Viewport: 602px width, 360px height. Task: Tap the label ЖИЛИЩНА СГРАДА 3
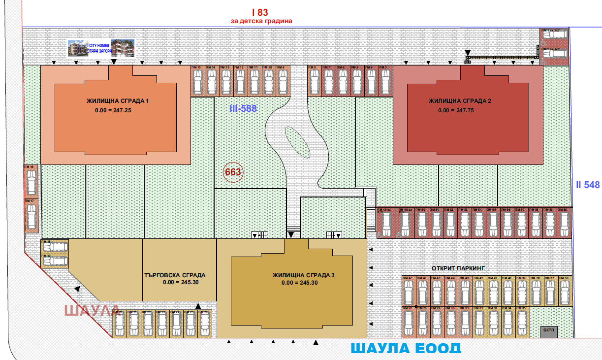(303, 275)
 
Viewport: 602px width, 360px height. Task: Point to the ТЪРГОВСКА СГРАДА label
(175, 275)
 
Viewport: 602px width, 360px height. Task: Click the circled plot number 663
(233, 172)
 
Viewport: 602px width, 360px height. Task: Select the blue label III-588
(243, 108)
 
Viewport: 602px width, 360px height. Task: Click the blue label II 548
(588, 185)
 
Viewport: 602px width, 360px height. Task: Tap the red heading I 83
(261, 12)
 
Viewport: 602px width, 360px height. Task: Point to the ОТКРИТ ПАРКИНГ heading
(458, 268)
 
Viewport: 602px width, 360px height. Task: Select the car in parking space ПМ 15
(197, 81)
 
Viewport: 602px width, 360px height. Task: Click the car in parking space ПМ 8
(314, 81)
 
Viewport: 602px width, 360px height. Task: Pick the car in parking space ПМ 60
(564, 225)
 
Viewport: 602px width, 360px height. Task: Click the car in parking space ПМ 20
(119, 326)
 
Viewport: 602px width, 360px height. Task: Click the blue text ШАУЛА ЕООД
(406, 349)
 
